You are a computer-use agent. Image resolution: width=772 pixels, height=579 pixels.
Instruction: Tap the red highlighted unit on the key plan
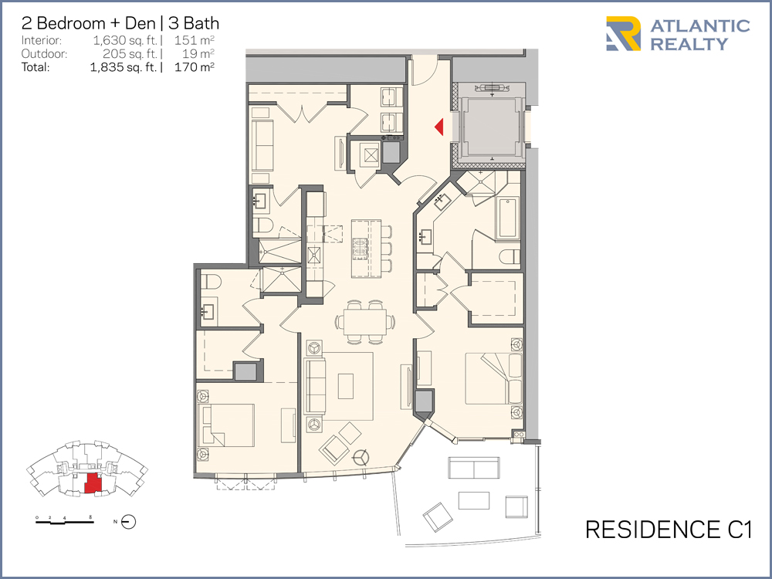pyautogui.click(x=93, y=482)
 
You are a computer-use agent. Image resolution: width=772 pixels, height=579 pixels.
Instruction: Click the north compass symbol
pyautogui.click(x=128, y=521)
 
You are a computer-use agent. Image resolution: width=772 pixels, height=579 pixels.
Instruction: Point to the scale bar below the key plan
pyautogui.click(x=65, y=521)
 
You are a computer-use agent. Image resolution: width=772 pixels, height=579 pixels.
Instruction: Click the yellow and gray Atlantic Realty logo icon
pyautogui.click(x=623, y=34)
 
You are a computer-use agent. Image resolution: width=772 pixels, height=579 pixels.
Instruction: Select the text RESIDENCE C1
pyautogui.click(x=669, y=530)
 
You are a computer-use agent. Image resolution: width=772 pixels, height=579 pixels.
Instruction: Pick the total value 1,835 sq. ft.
pyautogui.click(x=124, y=67)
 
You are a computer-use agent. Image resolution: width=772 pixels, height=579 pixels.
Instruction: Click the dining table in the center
pyautogui.click(x=364, y=322)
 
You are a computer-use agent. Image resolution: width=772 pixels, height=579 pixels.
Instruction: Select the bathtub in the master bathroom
pyautogui.click(x=508, y=218)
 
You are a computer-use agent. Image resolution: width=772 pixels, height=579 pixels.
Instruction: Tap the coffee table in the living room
pyautogui.click(x=346, y=386)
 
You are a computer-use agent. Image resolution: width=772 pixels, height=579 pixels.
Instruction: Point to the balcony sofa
pyautogui.click(x=474, y=468)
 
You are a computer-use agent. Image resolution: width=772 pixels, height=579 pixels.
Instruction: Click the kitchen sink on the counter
pyautogui.click(x=313, y=256)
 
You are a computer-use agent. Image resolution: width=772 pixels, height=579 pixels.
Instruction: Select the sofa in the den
pyautogui.click(x=262, y=145)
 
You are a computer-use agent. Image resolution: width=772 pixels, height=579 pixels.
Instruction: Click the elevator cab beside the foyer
pyautogui.click(x=490, y=126)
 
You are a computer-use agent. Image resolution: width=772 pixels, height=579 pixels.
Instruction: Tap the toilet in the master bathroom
pyautogui.click(x=510, y=256)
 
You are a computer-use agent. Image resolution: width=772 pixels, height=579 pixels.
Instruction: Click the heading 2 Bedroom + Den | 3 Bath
pyautogui.click(x=120, y=23)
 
